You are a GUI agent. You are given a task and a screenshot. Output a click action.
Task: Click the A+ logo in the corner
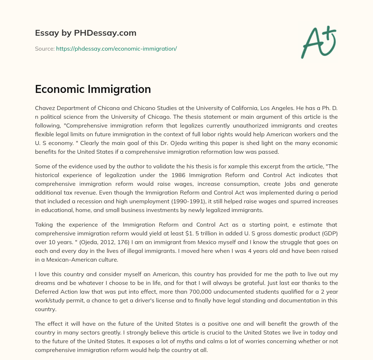318,42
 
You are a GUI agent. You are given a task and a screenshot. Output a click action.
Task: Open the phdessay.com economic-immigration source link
116,48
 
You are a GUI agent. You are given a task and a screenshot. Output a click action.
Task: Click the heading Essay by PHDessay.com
86,33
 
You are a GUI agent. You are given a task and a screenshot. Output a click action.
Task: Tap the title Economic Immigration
93,89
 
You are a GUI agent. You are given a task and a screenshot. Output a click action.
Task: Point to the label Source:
44,48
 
